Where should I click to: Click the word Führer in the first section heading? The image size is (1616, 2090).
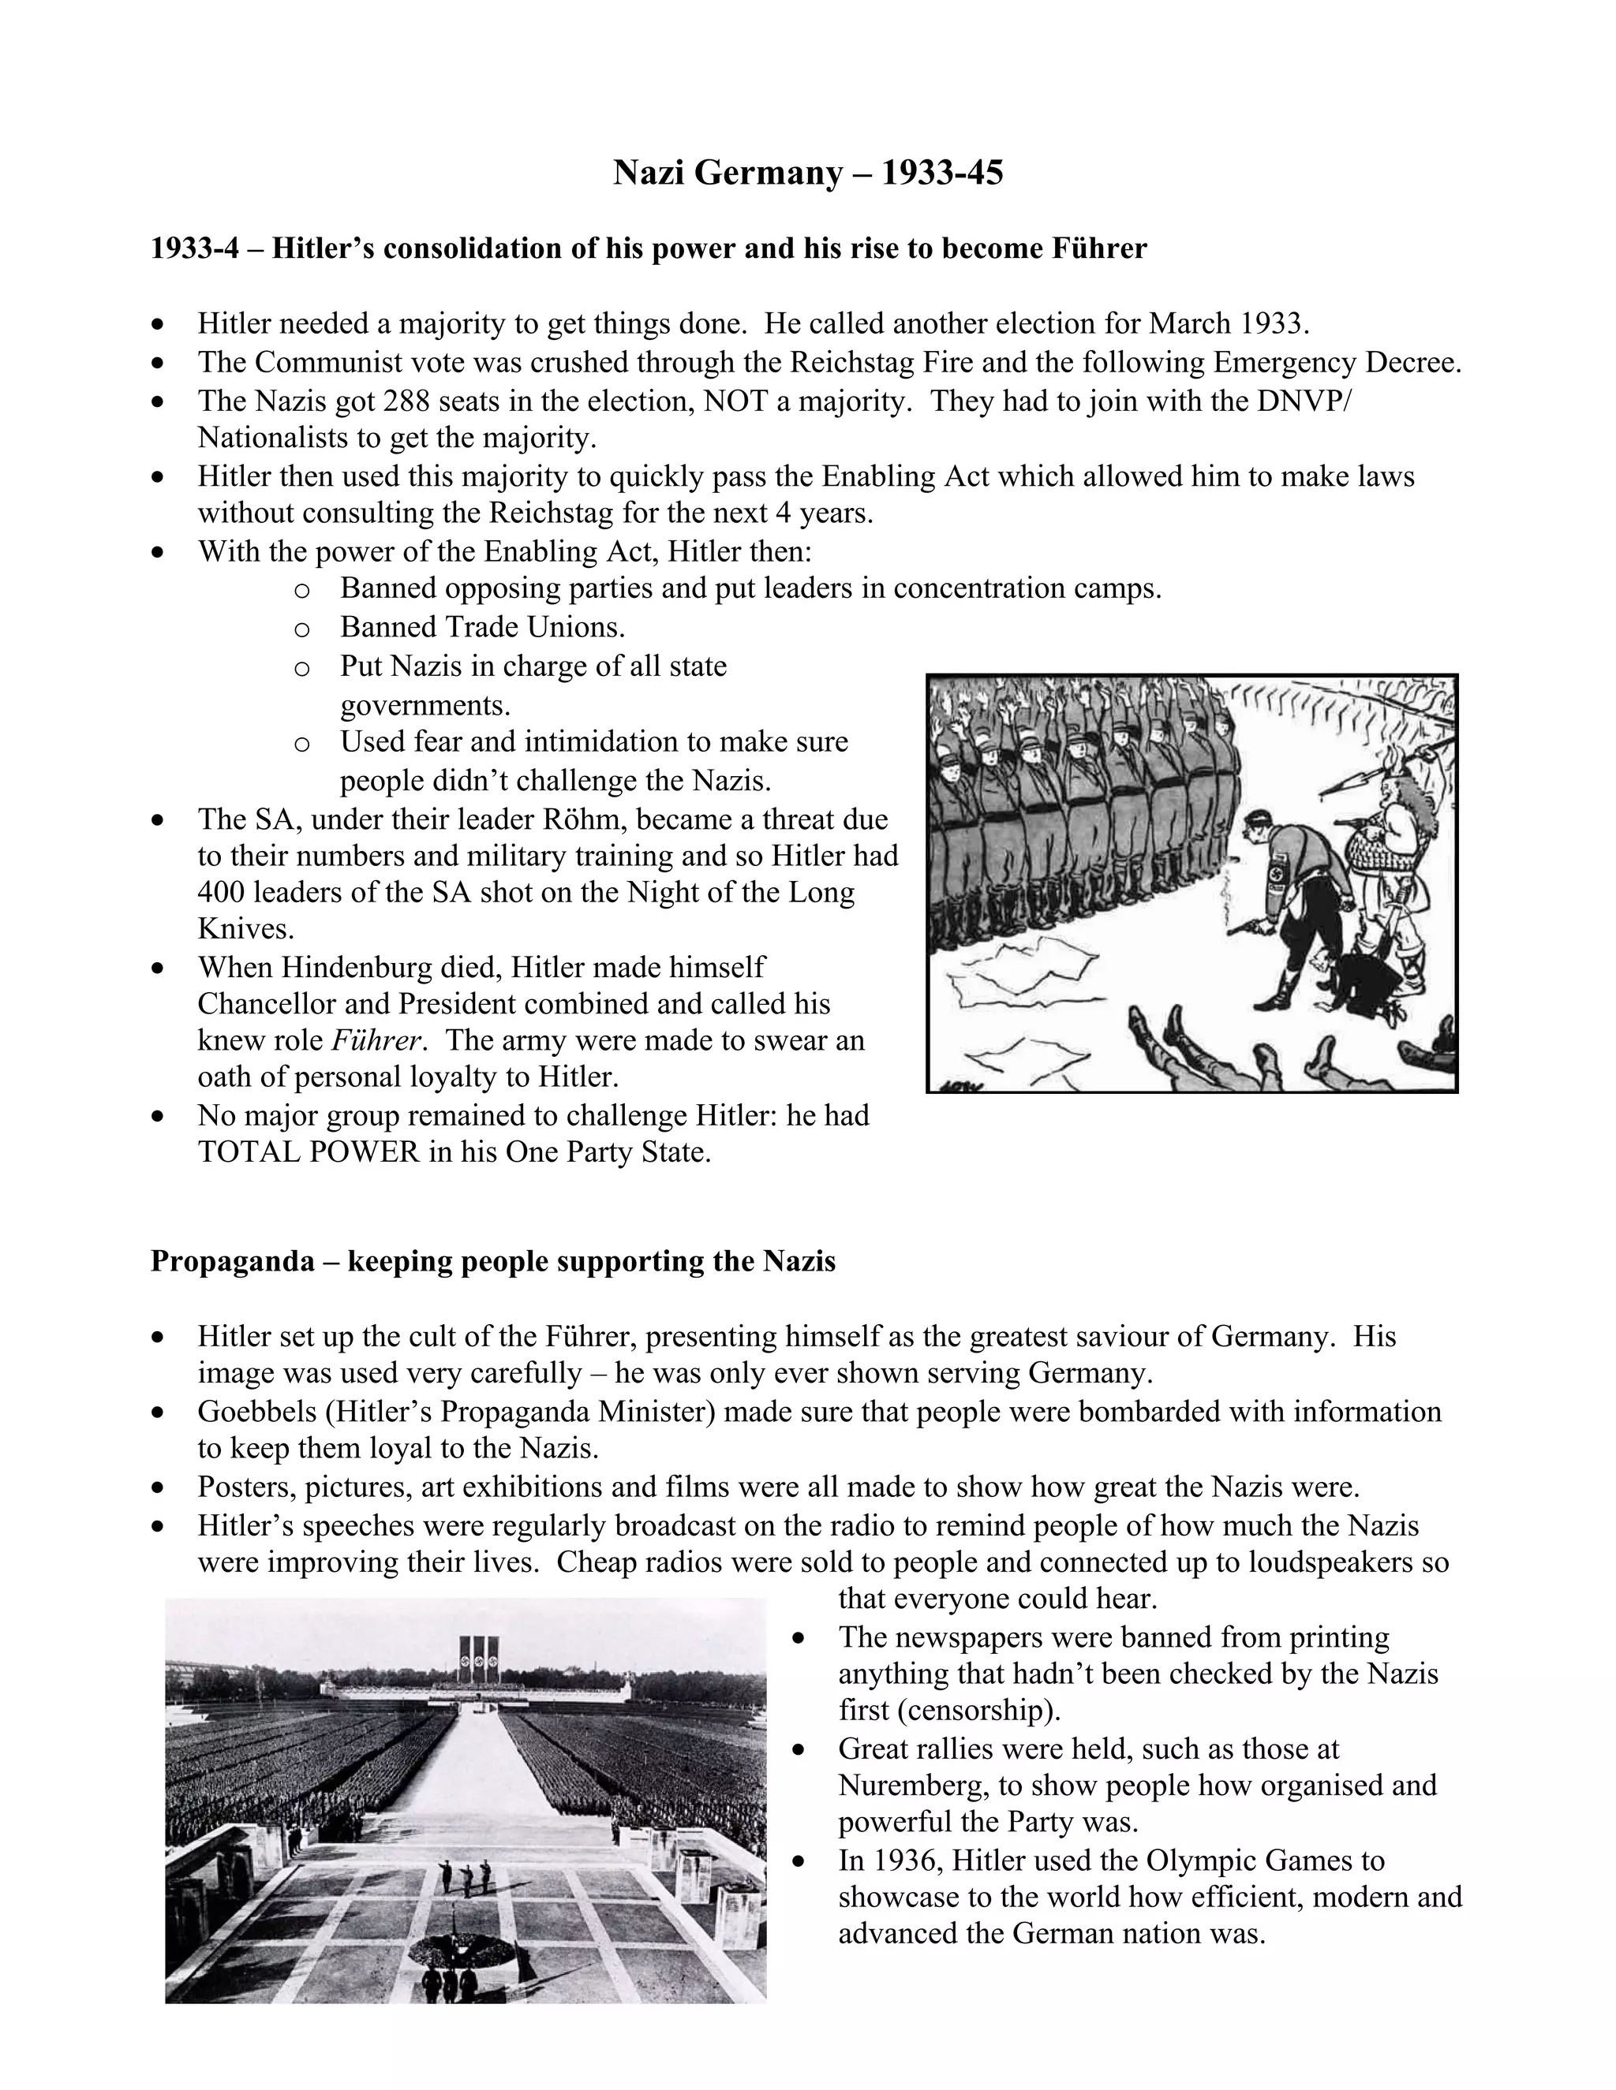pos(1099,248)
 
